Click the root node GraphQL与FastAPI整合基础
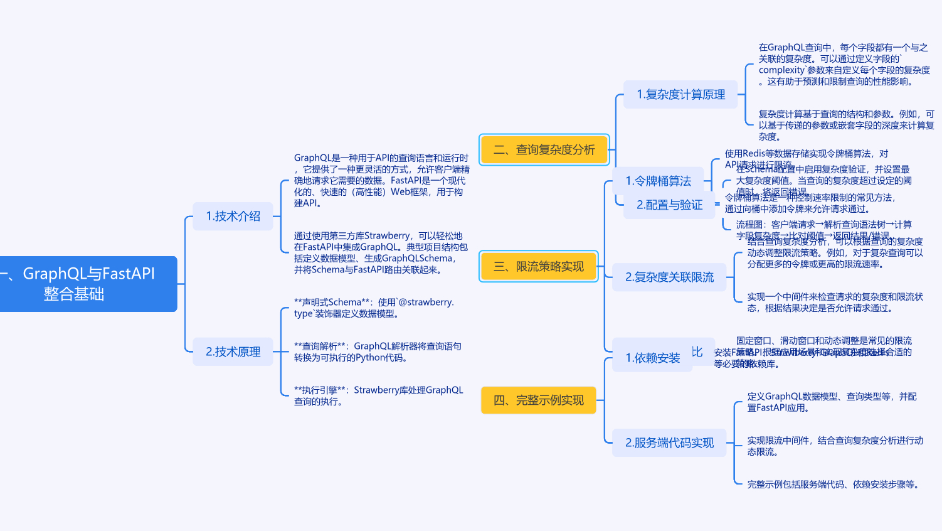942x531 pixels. point(88,284)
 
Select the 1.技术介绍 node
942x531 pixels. point(233,216)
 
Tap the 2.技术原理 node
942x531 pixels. point(233,351)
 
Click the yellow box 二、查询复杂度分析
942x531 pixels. point(544,149)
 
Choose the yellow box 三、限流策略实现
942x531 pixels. point(538,266)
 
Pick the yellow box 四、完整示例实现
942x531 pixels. point(538,400)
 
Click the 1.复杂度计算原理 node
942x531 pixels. point(680,94)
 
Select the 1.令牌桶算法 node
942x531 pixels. point(658,181)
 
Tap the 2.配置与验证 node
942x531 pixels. point(669,205)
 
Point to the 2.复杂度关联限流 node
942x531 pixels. point(669,277)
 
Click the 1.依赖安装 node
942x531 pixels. point(652,358)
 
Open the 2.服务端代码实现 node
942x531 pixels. point(669,442)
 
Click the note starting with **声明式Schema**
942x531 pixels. point(374,308)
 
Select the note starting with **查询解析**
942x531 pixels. point(378,351)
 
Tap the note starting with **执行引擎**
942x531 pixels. point(378,395)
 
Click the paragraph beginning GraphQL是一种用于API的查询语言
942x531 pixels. point(381,180)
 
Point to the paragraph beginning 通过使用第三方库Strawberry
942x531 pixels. point(381,252)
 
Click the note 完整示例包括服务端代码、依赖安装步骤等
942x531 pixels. point(833,484)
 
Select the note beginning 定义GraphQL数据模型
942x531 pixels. point(832,402)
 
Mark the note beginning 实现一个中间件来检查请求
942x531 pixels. point(835,302)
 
